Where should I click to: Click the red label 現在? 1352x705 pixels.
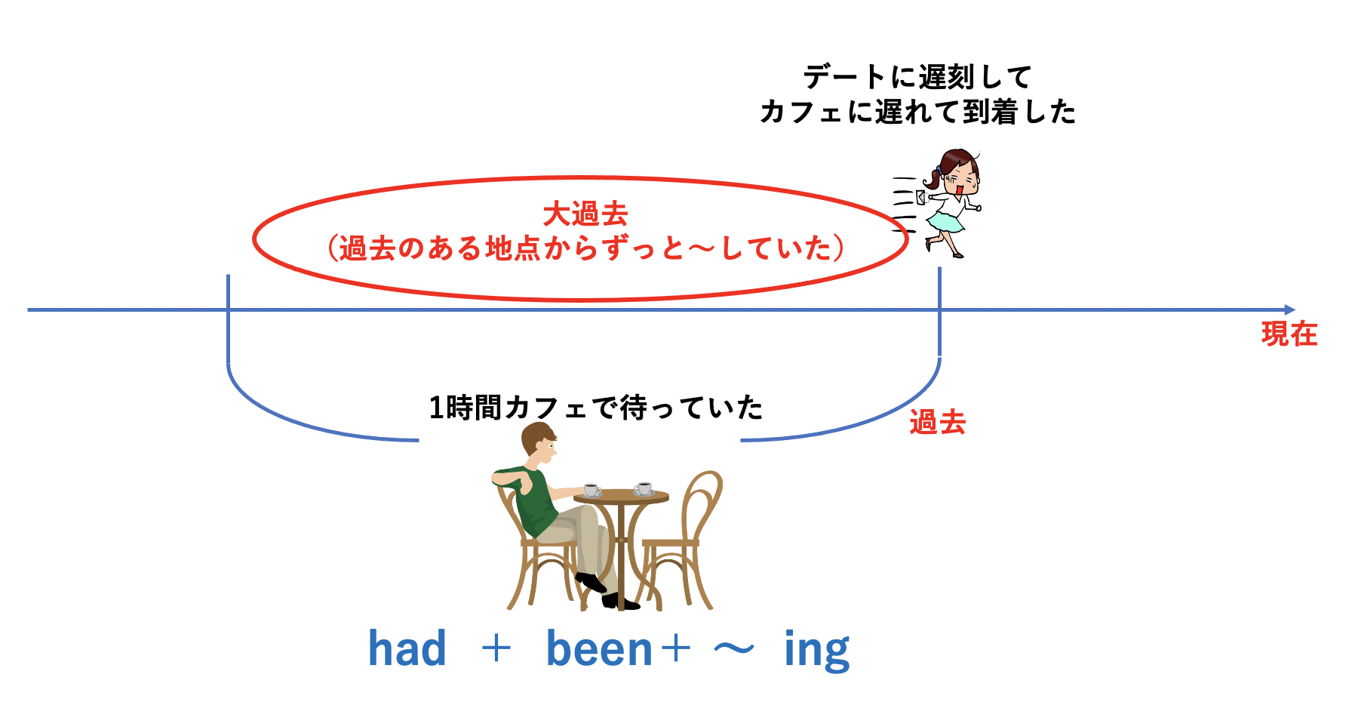1289,334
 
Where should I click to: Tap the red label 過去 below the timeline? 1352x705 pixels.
937,422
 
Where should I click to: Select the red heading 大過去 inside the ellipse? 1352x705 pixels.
585,214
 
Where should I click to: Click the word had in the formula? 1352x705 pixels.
407,648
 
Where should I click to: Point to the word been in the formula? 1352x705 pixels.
599,648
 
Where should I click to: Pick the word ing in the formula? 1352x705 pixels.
817,651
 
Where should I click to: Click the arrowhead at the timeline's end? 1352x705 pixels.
1289,309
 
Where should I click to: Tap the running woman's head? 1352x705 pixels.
957,172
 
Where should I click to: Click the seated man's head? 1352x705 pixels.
539,443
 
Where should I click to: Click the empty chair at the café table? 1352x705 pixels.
678,542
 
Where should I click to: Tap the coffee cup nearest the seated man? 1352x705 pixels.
591,491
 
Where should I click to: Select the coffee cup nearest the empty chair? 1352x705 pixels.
644,488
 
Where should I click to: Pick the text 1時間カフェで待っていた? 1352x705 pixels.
596,408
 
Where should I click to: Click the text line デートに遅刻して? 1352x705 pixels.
917,77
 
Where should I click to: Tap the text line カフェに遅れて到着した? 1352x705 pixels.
917,112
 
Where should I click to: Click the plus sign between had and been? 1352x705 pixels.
496,648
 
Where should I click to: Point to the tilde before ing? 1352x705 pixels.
734,648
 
